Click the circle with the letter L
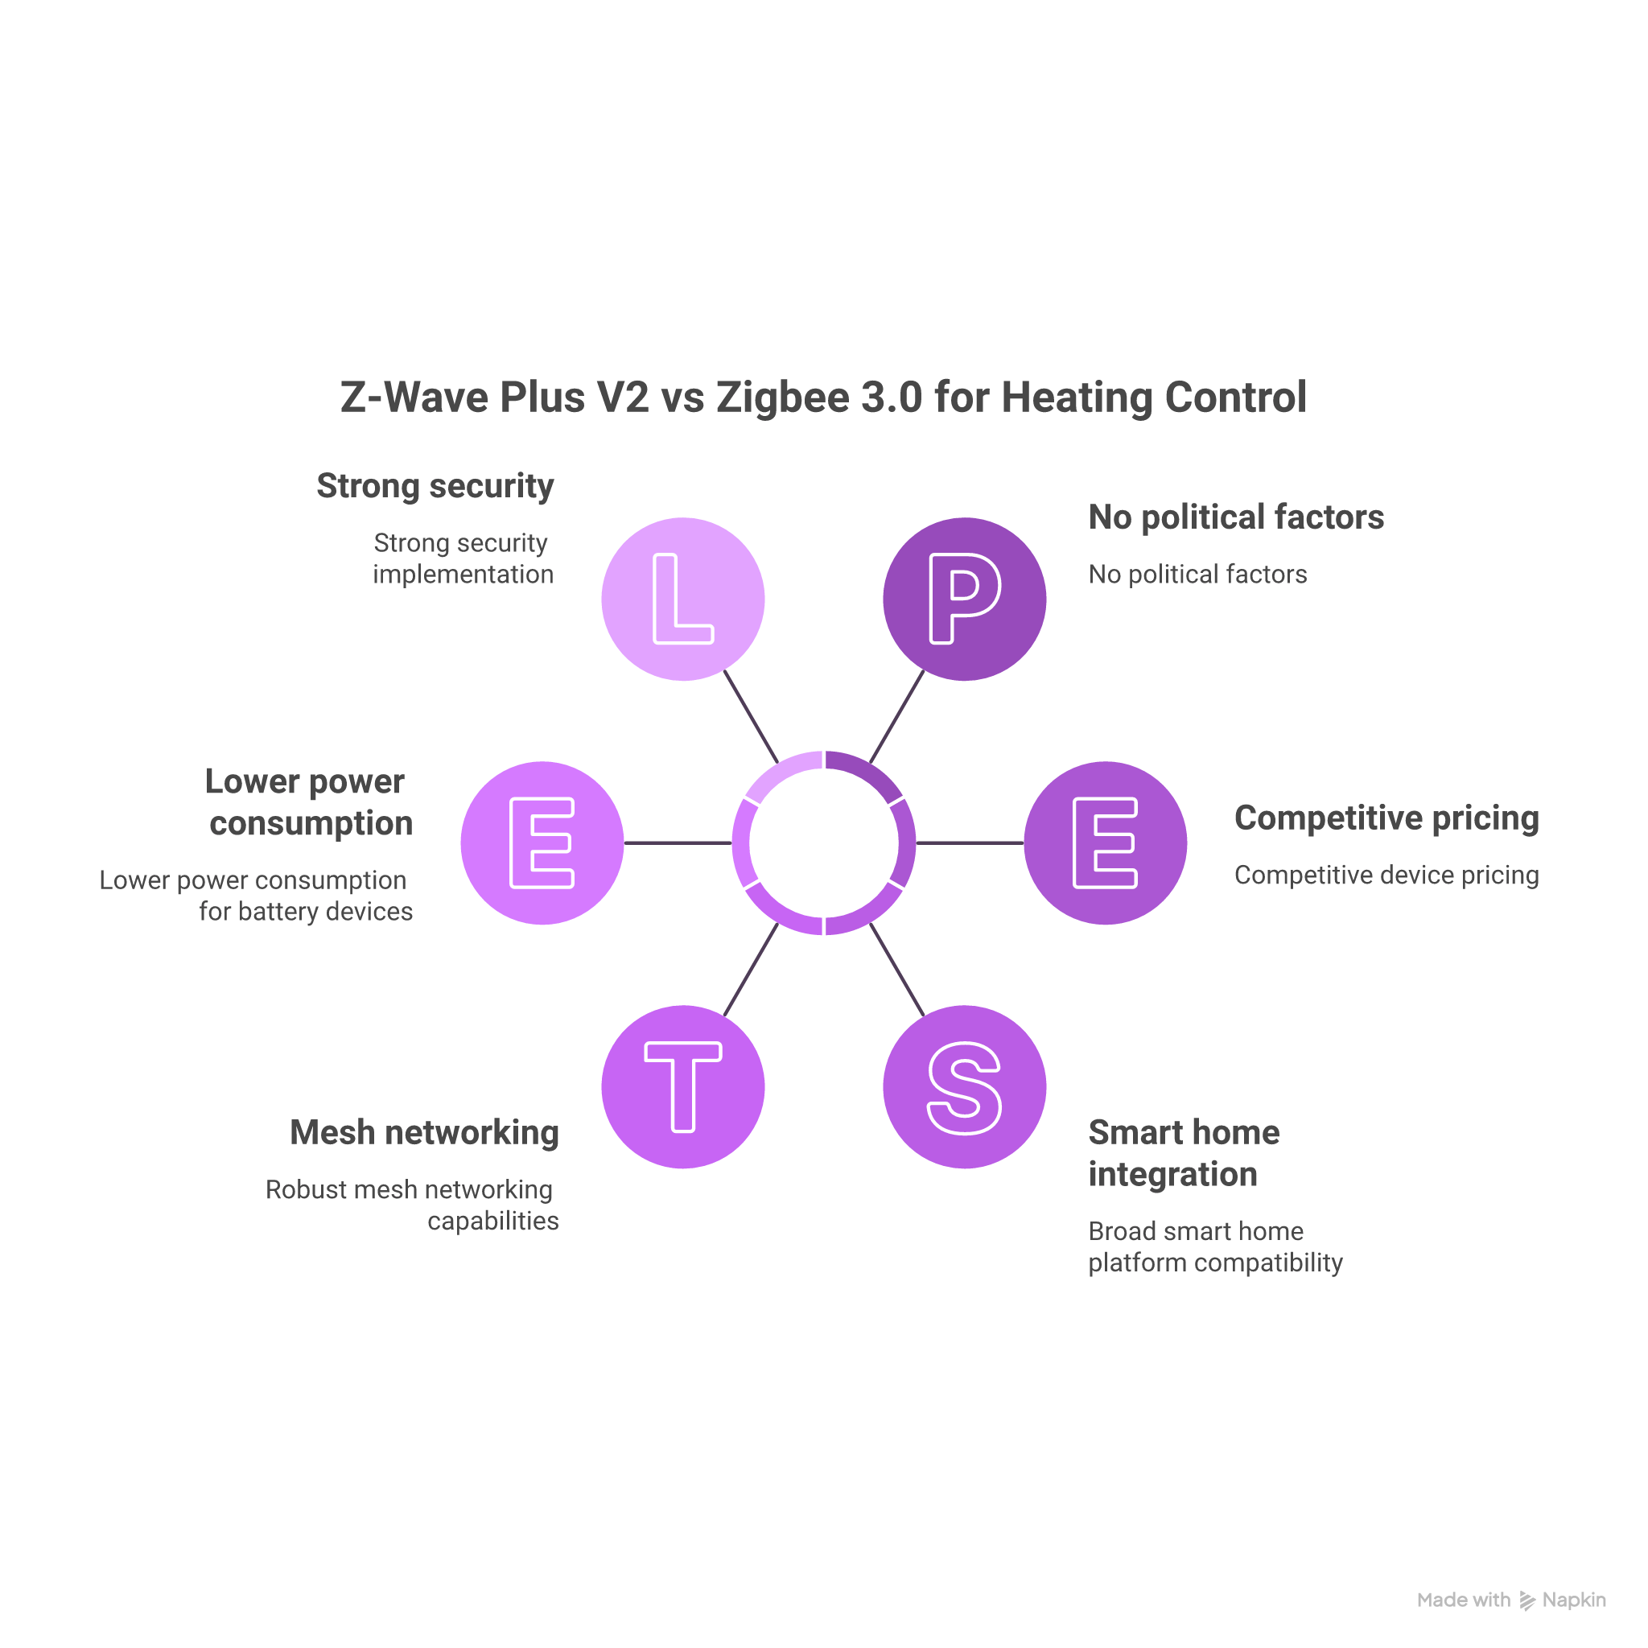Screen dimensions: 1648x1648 pos(682,599)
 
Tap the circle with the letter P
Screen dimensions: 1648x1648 pos(964,599)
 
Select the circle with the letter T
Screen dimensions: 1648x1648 pos(682,1086)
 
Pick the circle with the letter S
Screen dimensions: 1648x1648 pos(964,1086)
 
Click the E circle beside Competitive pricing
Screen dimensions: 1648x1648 pos(1106,843)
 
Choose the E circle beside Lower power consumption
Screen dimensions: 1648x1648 pos(542,843)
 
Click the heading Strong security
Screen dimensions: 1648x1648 pos(435,486)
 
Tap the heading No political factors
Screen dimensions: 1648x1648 pos(1236,517)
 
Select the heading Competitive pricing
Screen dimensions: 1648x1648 pos(1386,818)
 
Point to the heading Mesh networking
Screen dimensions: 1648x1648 pos(424,1133)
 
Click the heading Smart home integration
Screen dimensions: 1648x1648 pos(1184,1153)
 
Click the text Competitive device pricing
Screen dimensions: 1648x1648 pos(1386,875)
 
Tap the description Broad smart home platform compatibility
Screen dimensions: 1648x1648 pos(1214,1246)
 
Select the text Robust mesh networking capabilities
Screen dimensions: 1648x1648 pos(412,1205)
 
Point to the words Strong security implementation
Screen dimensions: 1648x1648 pos(463,558)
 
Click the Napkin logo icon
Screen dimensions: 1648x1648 pos(1526,1601)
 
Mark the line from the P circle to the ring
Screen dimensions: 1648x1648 pos(896,715)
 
